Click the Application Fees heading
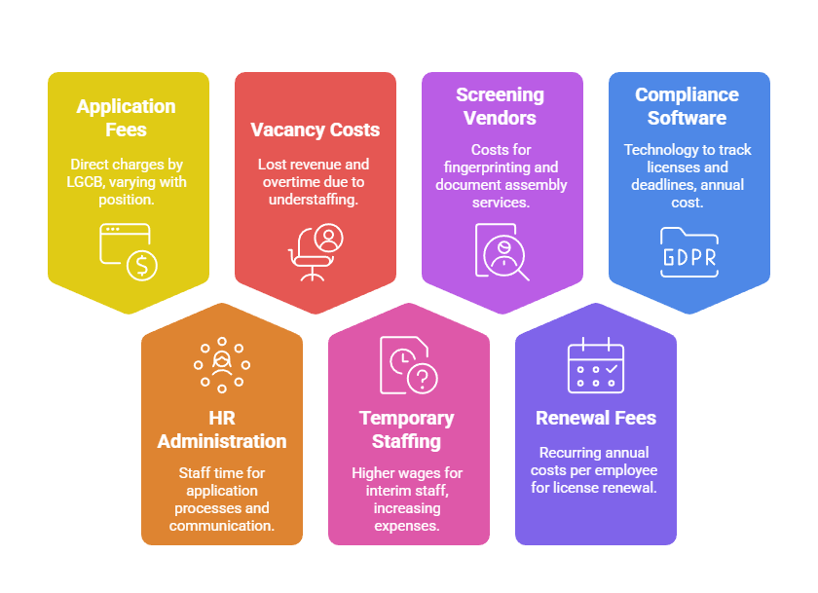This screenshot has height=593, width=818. coord(127,118)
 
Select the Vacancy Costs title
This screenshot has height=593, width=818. coord(315,130)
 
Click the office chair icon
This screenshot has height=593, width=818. coord(315,252)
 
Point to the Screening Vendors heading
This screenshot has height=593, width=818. coord(501,106)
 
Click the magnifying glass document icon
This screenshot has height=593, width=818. coord(502,252)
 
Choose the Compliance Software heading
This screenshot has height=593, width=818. coord(688,106)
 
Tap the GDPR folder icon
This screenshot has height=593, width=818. coord(688,252)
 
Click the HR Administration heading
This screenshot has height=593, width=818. coord(222,429)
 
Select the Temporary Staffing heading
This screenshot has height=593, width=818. coord(407,429)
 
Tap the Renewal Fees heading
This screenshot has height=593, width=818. coord(596,418)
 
